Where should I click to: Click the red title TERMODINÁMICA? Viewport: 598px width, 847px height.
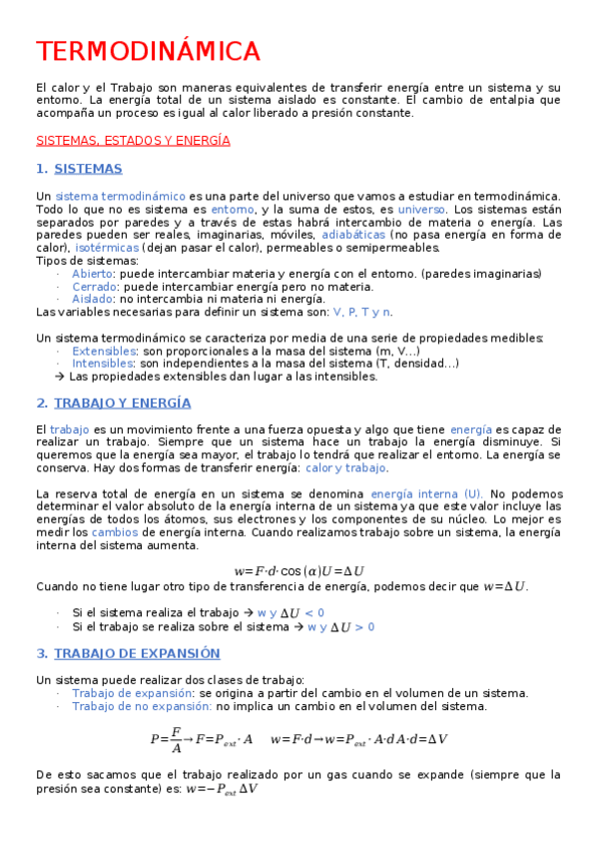click(x=148, y=51)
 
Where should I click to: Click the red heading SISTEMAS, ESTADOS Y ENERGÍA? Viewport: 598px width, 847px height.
click(x=133, y=141)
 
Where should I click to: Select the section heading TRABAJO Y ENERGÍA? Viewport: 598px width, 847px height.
click(x=122, y=403)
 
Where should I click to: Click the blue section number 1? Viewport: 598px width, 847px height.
click(x=41, y=169)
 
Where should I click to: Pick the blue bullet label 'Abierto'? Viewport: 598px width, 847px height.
click(x=93, y=274)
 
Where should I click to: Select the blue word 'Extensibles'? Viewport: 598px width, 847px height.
click(x=104, y=352)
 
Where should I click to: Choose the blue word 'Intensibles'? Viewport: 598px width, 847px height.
click(x=103, y=364)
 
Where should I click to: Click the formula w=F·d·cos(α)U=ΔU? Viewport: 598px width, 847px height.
click(x=299, y=571)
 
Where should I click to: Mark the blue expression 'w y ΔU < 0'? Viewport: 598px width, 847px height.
click(x=291, y=612)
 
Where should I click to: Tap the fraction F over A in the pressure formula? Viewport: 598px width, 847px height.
click(x=176, y=739)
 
